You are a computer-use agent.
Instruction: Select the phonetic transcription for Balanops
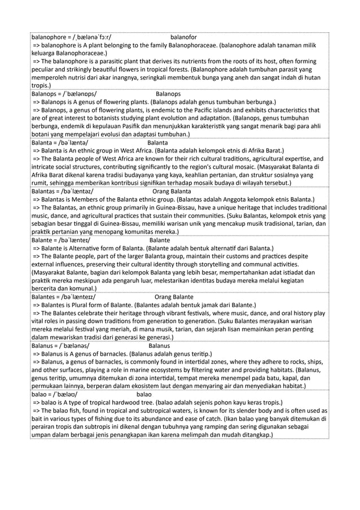[76, 93]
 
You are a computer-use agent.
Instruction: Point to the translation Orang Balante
[174, 297]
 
